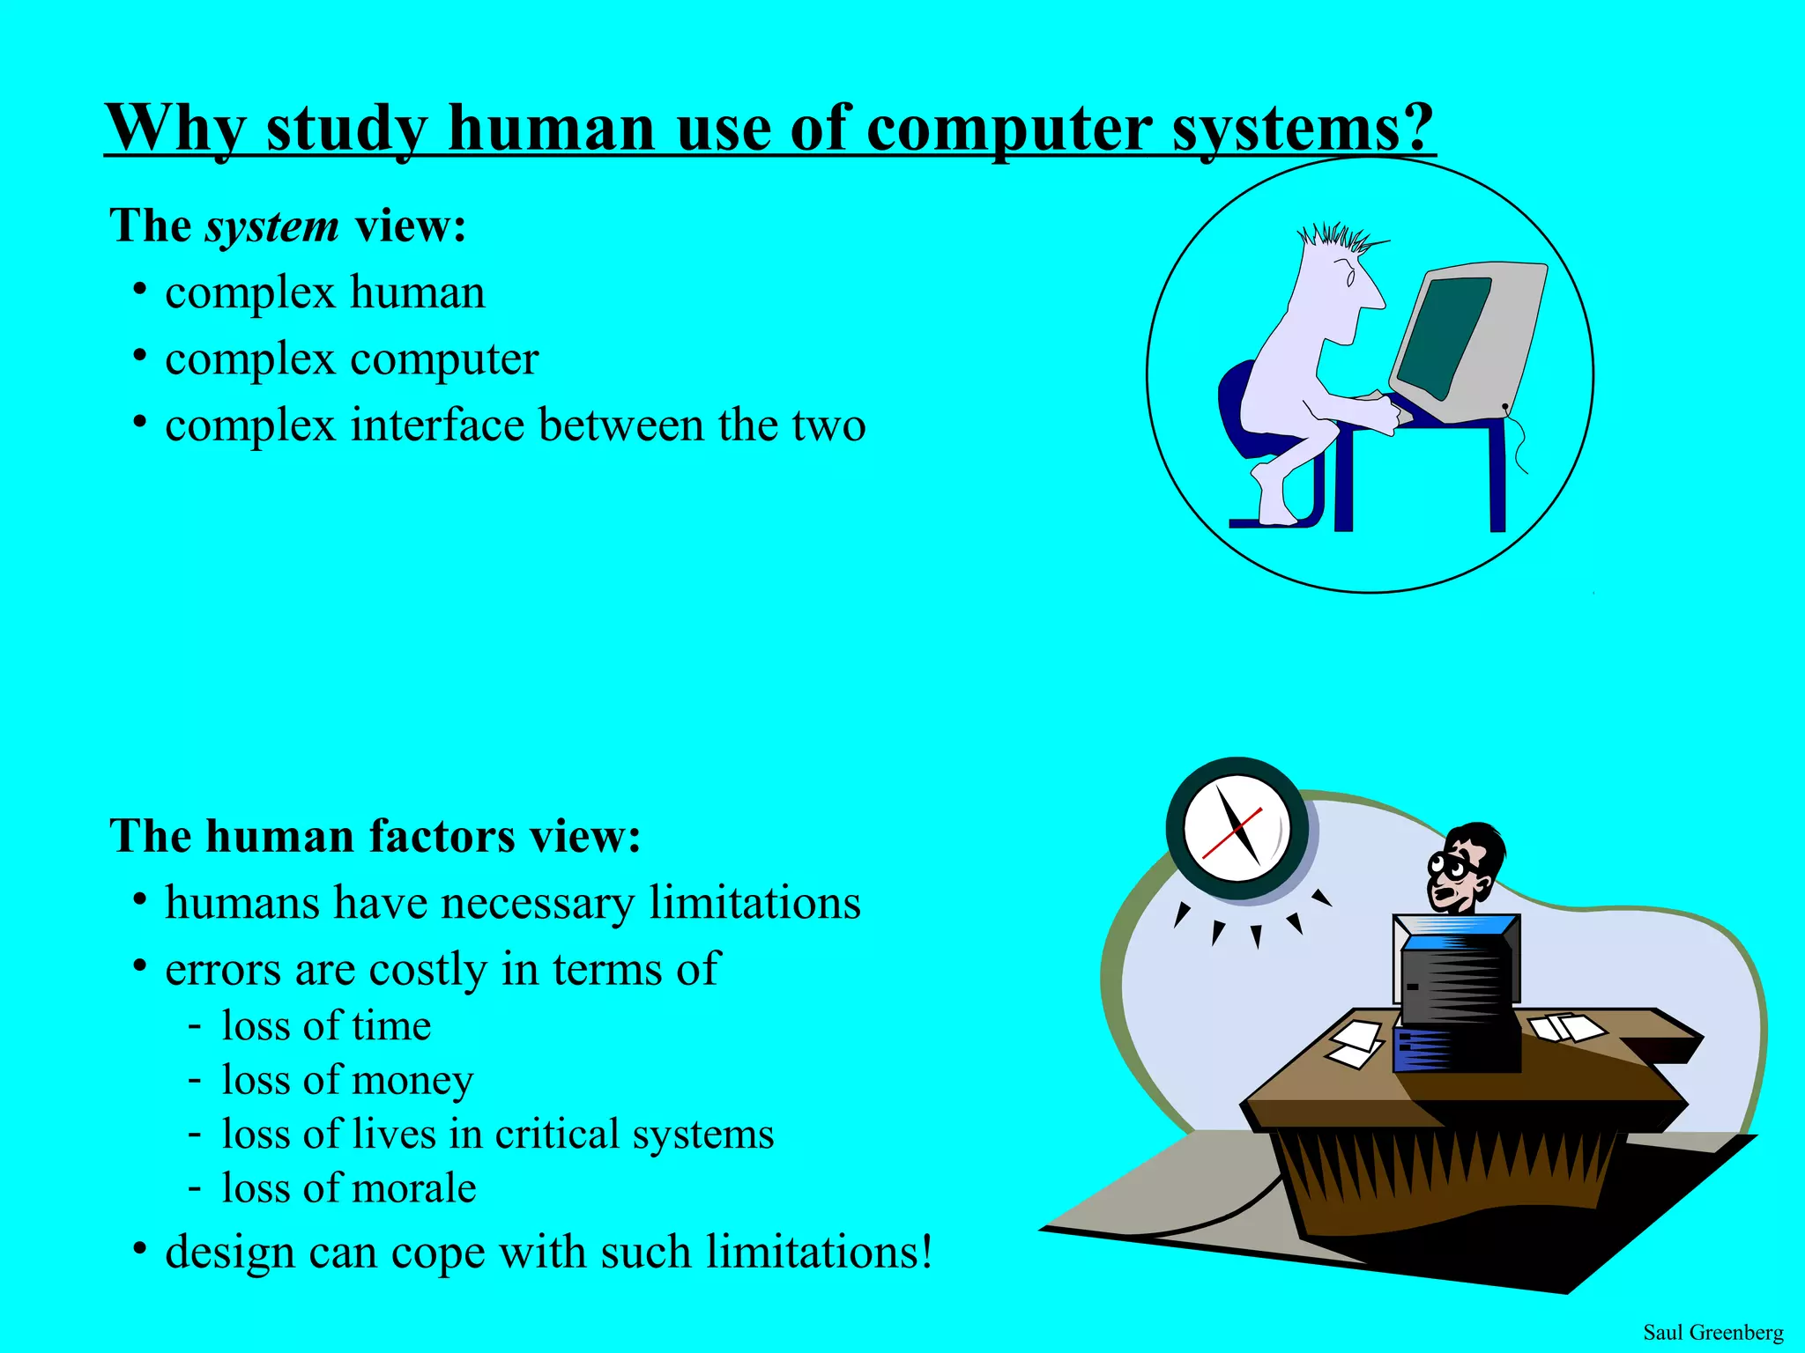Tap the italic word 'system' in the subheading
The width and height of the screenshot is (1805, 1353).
coord(271,227)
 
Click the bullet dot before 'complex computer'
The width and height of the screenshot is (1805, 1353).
coord(139,356)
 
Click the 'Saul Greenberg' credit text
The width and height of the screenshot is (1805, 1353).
coord(1712,1332)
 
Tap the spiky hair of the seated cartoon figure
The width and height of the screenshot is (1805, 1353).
coord(1335,237)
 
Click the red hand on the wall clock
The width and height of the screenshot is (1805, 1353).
coord(1231,832)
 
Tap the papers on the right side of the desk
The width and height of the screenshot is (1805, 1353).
coord(1568,1027)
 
